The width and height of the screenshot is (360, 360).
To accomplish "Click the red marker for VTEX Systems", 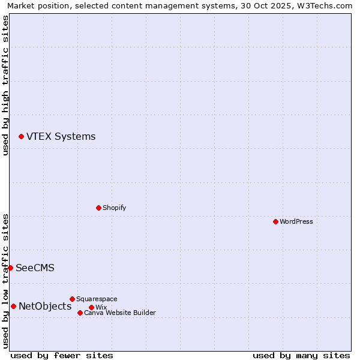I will (21, 137).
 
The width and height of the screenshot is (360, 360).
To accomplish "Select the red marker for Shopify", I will (98, 208).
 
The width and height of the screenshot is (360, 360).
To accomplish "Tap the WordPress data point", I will (275, 221).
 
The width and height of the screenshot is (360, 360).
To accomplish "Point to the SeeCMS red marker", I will (10, 268).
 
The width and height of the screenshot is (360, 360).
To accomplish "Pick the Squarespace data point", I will (72, 299).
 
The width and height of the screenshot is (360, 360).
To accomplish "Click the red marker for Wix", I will (91, 307).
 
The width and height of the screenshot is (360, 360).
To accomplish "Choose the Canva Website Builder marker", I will (80, 313).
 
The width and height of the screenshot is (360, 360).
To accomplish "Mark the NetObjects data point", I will (13, 307).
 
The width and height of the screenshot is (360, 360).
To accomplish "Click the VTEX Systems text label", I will (61, 137).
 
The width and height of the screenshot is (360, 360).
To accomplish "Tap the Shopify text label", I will (114, 208).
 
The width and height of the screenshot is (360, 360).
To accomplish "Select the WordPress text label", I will (296, 221).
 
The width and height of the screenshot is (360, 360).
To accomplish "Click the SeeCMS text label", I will (35, 268).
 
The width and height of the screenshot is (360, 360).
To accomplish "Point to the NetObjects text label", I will (45, 307).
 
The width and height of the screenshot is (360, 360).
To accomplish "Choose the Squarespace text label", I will (97, 299).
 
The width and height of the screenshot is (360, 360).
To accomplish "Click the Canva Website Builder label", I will (120, 313).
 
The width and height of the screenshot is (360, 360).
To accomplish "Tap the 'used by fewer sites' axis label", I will (62, 355).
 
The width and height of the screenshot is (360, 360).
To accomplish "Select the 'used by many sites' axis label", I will (301, 355).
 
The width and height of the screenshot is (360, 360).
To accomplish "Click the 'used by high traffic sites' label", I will (5, 85).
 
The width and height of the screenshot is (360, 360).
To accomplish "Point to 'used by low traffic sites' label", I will (5, 281).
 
